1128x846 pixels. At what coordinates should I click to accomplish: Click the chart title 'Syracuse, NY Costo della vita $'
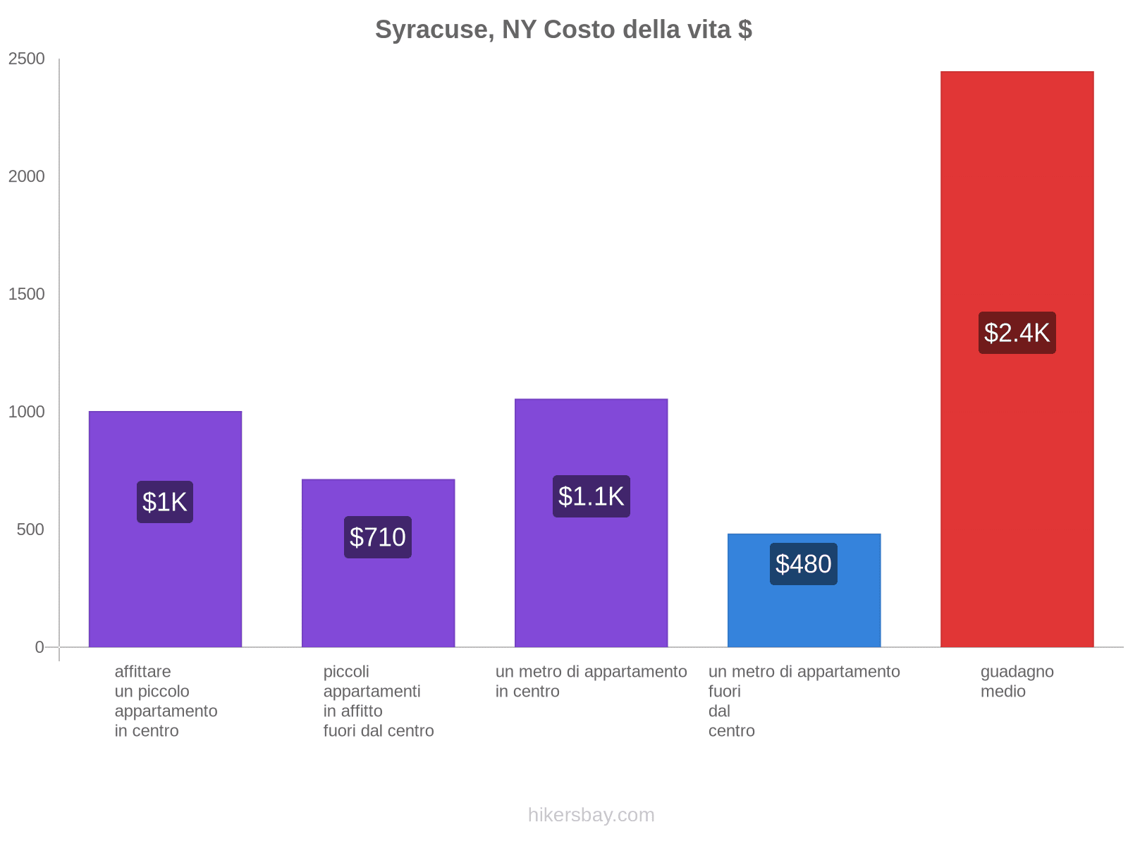tap(563, 30)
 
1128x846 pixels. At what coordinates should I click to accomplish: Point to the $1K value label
tap(165, 502)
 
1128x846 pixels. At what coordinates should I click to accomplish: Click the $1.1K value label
tap(591, 496)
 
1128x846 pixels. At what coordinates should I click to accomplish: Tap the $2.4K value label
tap(1017, 333)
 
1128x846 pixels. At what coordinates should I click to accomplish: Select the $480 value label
tap(804, 564)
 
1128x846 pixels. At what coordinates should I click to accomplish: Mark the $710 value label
tap(378, 537)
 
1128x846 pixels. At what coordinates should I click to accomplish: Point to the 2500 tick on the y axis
tap(27, 59)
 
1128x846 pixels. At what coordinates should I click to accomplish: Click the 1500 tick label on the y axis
tap(27, 294)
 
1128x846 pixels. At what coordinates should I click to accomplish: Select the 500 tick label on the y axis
tap(31, 529)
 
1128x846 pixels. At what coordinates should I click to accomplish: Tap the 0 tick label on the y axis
tap(39, 647)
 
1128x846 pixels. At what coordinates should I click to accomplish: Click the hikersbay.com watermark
tap(591, 815)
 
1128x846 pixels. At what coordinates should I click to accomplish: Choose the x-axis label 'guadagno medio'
tap(1017, 681)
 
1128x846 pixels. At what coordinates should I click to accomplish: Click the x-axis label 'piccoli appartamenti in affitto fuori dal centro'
tap(378, 701)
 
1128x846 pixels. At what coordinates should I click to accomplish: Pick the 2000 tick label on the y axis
tap(27, 176)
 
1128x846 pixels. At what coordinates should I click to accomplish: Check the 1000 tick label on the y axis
tap(27, 412)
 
